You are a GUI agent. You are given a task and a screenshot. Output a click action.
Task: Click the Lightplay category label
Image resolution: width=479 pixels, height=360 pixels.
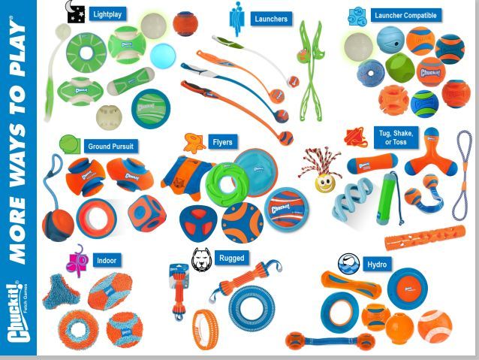click(107, 14)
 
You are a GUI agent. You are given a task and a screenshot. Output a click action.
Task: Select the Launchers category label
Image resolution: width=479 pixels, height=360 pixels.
click(270, 19)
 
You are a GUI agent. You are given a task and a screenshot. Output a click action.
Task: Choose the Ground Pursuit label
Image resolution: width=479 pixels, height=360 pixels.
click(110, 147)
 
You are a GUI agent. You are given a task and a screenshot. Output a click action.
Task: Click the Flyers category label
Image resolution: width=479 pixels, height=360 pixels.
click(222, 142)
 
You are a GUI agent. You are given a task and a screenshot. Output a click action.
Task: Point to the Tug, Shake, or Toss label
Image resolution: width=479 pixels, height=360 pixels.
click(393, 138)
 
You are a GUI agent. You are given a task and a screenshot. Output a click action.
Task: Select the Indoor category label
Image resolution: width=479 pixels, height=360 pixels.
click(106, 261)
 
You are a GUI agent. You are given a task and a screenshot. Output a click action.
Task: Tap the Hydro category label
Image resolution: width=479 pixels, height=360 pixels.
click(376, 265)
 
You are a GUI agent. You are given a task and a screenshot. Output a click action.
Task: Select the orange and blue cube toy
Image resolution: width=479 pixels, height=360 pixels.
click(146, 213)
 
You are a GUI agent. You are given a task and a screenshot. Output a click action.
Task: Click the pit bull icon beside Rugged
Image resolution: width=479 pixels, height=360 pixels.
click(202, 258)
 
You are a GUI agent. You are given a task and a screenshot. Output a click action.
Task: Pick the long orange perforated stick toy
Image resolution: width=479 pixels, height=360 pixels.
click(424, 238)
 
